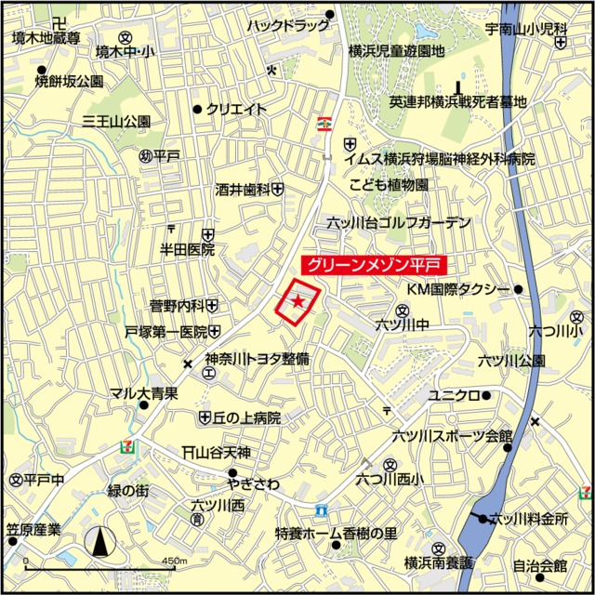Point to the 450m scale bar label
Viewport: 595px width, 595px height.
pyautogui.click(x=174, y=562)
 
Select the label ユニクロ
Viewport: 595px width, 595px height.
pyautogui.click(x=453, y=395)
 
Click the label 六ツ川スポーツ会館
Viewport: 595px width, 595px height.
pyautogui.click(x=452, y=435)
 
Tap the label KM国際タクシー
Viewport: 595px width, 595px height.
pyautogui.click(x=459, y=290)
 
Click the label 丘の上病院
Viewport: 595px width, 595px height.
pyautogui.click(x=246, y=417)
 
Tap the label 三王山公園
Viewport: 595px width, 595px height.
pyautogui.click(x=116, y=121)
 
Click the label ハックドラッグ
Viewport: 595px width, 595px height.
pyautogui.click(x=284, y=26)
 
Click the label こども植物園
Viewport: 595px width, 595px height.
pyautogui.click(x=389, y=185)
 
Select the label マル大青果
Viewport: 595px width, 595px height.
pyautogui.click(x=144, y=393)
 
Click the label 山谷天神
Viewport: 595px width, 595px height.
pyautogui.click(x=222, y=453)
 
